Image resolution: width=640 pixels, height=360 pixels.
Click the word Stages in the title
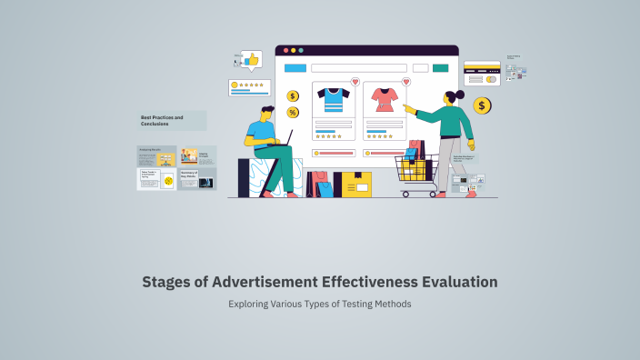click(166, 283)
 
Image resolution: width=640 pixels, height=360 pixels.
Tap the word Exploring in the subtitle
click(250, 304)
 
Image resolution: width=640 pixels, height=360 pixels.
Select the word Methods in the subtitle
click(393, 304)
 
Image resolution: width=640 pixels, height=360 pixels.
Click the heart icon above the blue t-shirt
click(355, 82)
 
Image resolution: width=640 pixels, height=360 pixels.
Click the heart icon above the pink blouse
click(405, 82)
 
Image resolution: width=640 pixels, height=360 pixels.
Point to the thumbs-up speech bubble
click(251, 60)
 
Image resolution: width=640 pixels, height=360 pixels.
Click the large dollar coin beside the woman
click(482, 106)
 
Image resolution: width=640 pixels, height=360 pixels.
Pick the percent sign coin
click(293, 113)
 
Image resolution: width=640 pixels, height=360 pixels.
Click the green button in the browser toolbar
click(441, 68)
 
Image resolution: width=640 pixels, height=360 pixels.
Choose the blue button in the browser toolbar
click(295, 68)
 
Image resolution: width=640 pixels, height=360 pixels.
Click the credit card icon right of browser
click(482, 73)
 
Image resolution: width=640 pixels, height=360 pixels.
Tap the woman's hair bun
click(461, 95)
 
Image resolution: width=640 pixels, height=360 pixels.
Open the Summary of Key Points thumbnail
click(197, 178)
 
